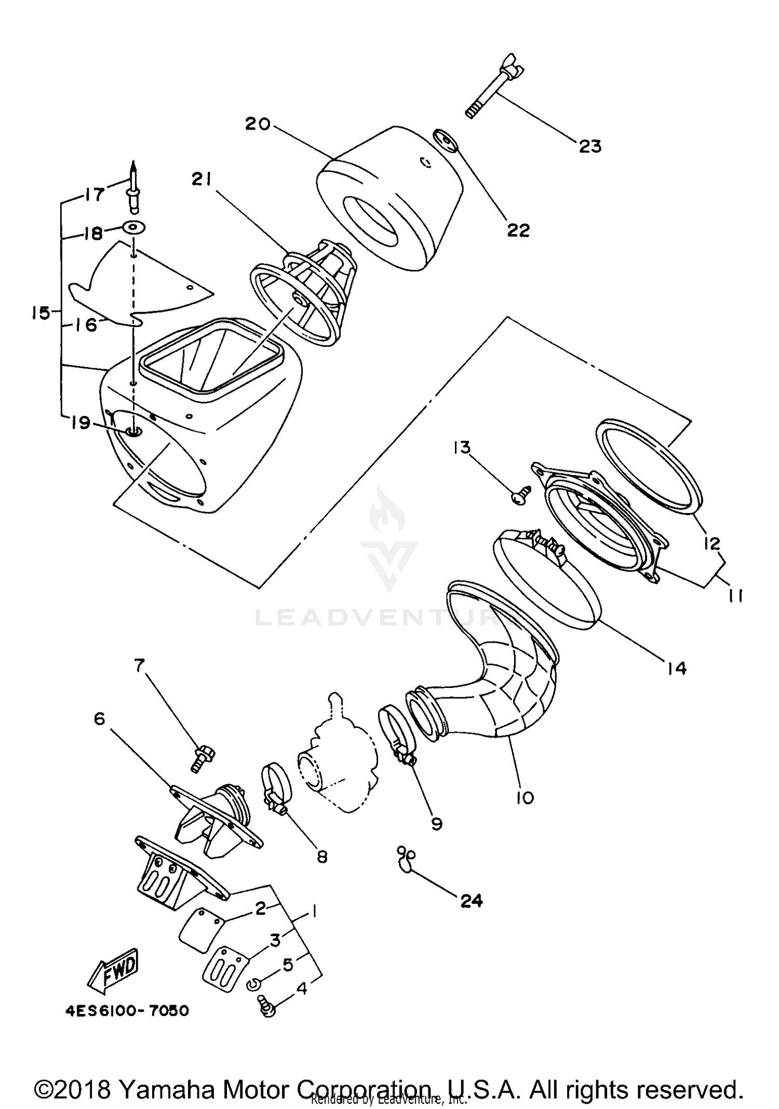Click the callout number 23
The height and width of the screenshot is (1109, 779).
(590, 146)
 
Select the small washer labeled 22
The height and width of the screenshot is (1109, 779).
(445, 141)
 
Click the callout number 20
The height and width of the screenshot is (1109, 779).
(258, 124)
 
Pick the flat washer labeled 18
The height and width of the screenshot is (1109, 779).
(134, 227)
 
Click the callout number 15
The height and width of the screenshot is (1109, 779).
(39, 313)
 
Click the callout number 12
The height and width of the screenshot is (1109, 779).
(712, 544)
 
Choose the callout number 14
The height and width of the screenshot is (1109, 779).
(677, 668)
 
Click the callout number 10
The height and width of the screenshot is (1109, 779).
(525, 797)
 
